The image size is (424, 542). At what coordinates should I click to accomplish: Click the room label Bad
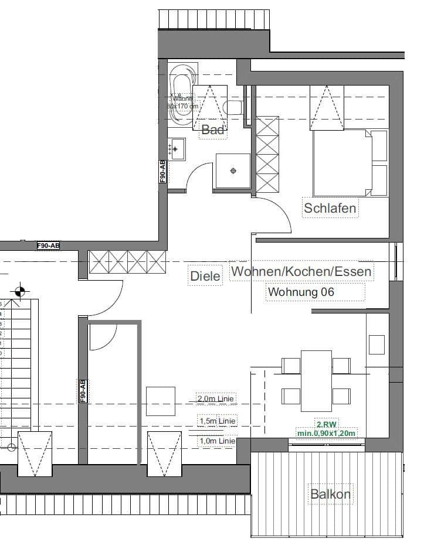[213, 130]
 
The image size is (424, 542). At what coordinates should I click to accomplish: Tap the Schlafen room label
[330, 208]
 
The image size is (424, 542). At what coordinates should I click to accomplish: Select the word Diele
[206, 275]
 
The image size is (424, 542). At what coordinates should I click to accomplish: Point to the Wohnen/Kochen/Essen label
[301, 271]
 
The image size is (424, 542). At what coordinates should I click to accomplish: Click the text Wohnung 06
[301, 291]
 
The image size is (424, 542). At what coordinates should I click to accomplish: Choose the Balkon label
[331, 494]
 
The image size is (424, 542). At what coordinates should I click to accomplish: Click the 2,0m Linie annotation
[216, 399]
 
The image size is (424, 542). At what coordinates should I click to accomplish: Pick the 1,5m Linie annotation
[216, 421]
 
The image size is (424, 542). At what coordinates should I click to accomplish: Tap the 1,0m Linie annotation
[216, 441]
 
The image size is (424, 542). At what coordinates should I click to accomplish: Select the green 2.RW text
[326, 425]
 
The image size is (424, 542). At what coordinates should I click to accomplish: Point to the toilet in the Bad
[233, 107]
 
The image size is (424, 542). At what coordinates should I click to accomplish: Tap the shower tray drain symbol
[233, 171]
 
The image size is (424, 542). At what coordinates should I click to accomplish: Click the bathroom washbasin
[177, 149]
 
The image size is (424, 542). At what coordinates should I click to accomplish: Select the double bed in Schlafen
[342, 162]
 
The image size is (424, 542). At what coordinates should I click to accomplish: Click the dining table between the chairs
[316, 381]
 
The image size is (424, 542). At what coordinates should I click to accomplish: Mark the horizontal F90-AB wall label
[48, 246]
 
